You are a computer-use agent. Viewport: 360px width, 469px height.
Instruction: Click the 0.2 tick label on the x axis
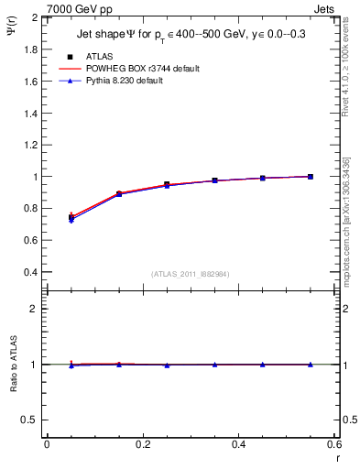(142, 444)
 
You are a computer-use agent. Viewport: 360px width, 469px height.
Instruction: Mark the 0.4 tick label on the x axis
(238, 444)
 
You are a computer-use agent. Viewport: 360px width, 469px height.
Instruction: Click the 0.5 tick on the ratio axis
(29, 420)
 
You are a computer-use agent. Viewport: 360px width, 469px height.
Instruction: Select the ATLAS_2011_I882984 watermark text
(190, 274)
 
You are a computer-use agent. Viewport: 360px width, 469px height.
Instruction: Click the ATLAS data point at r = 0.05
(71, 217)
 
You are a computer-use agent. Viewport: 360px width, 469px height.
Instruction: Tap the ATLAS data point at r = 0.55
(311, 177)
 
